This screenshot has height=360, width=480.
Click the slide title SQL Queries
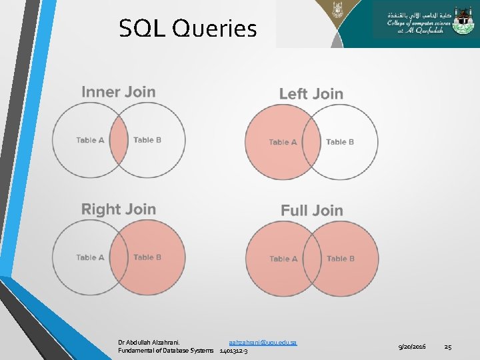click(187, 29)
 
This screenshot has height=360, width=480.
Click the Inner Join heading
click(119, 92)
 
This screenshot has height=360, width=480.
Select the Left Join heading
click(311, 94)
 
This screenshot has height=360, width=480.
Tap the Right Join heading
click(119, 209)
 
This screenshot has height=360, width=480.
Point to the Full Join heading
click(312, 211)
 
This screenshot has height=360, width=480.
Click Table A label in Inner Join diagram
click(90, 140)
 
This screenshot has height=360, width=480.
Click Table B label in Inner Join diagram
click(147, 140)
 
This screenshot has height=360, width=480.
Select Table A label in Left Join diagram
click(283, 142)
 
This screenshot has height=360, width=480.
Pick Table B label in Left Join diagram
click(340, 142)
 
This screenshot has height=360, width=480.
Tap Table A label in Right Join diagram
click(90, 257)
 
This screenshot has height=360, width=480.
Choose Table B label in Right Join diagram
click(147, 257)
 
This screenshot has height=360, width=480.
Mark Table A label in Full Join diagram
click(283, 259)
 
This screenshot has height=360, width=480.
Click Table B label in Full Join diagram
click(341, 259)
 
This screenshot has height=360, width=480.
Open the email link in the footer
click(263, 342)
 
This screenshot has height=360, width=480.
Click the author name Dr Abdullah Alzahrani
click(153, 342)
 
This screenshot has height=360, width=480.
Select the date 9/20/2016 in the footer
click(412, 347)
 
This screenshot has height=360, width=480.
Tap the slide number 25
click(448, 347)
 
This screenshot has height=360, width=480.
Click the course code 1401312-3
click(233, 351)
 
